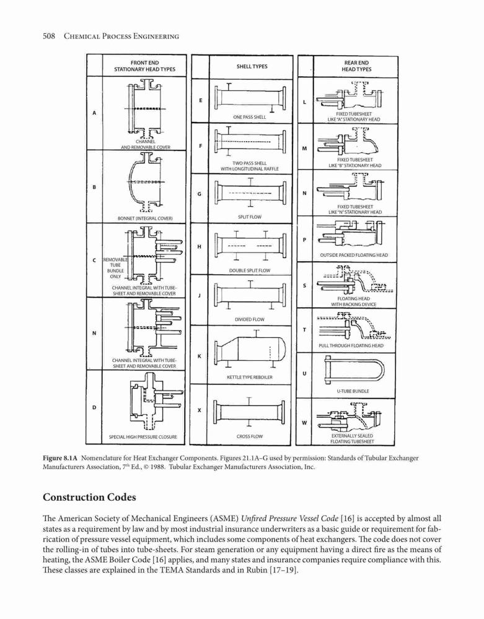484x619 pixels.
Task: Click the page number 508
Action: tap(48, 37)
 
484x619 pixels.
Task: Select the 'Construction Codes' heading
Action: tap(89, 497)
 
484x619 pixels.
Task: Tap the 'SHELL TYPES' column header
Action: tap(252, 66)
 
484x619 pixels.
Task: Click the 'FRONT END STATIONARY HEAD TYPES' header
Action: tap(144, 66)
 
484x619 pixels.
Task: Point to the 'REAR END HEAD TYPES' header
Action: tap(356, 66)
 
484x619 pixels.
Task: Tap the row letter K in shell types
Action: tap(200, 356)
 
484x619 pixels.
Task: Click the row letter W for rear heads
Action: tap(304, 423)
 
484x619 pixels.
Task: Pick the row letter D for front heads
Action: tap(94, 407)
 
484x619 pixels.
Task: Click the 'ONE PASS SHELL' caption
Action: tap(250, 117)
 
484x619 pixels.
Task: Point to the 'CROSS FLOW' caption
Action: tap(250, 436)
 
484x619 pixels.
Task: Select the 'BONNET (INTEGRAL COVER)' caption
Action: tap(145, 218)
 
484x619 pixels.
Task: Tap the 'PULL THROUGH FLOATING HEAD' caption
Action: tap(351, 345)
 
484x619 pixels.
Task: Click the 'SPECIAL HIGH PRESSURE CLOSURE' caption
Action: tap(143, 436)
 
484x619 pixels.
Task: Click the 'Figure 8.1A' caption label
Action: tap(61, 458)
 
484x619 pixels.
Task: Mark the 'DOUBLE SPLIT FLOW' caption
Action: tap(250, 271)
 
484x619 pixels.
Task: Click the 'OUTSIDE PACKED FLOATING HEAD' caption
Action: tap(354, 255)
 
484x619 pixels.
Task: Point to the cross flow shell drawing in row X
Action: tap(250, 412)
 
